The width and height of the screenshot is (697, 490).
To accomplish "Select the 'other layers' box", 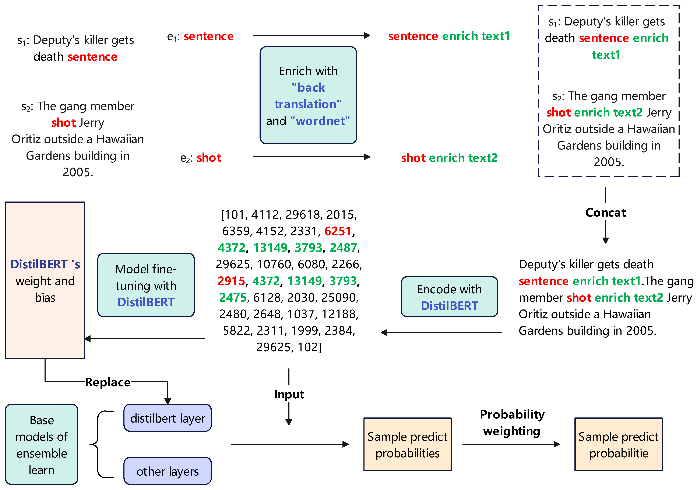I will pyautogui.click(x=167, y=471).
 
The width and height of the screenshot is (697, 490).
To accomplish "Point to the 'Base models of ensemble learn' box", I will pyautogui.click(x=42, y=444).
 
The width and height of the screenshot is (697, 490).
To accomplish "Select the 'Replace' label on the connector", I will pyautogui.click(x=108, y=382).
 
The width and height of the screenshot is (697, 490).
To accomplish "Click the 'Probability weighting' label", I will pyautogui.click(x=512, y=423).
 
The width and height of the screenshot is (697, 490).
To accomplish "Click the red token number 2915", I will pyautogui.click(x=231, y=281).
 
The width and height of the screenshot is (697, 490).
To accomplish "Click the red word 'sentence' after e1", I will pyautogui.click(x=209, y=36).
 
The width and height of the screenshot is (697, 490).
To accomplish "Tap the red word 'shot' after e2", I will pyautogui.click(x=209, y=158).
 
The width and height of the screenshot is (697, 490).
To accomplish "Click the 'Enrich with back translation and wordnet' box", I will pyautogui.click(x=308, y=95).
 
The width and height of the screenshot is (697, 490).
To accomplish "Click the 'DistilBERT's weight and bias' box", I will pyautogui.click(x=45, y=280).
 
